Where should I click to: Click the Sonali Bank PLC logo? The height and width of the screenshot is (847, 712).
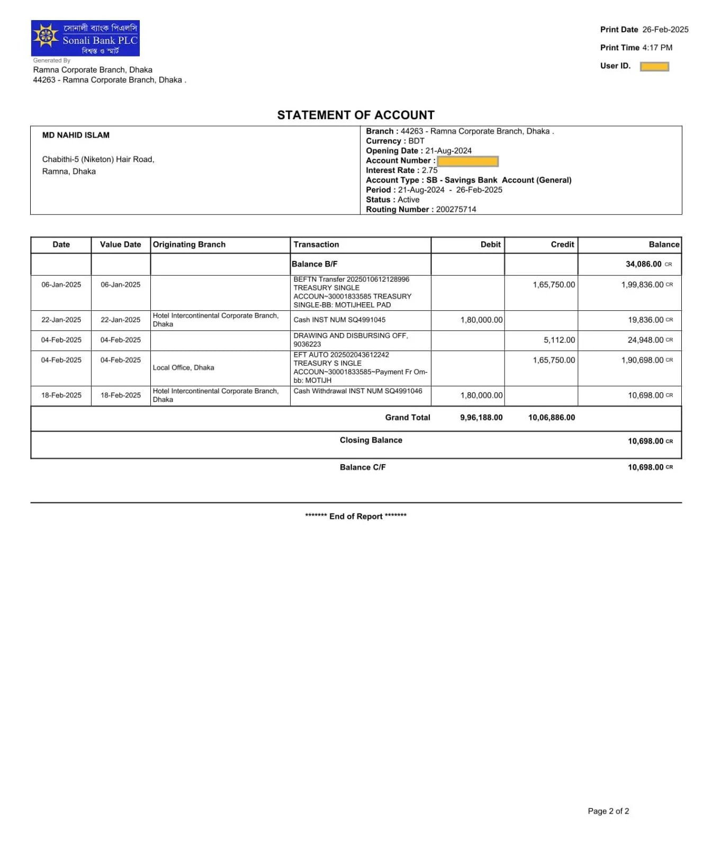(85, 38)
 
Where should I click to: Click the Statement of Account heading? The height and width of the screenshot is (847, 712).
(356, 115)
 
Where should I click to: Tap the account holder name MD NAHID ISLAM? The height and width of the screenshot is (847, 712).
(76, 135)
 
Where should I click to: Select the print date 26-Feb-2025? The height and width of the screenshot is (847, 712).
(665, 30)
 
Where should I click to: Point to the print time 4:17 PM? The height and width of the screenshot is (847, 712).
(657, 48)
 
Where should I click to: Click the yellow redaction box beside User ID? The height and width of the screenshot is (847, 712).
(654, 66)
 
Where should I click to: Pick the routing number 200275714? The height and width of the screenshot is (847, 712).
(456, 209)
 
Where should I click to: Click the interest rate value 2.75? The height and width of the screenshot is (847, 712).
(429, 170)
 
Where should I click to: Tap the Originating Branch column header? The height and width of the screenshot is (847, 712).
(189, 245)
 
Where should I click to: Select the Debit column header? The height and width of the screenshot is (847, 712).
(490, 245)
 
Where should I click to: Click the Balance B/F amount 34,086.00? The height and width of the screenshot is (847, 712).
(643, 264)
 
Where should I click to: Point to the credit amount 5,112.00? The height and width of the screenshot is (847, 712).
(559, 340)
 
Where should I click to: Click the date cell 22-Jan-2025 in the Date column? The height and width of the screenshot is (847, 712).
(61, 320)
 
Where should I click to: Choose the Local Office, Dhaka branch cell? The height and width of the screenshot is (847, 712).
(183, 367)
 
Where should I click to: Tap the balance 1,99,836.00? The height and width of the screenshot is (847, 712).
(642, 285)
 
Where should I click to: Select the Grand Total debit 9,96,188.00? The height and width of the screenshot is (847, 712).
(481, 418)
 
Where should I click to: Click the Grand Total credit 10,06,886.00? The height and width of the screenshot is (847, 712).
(551, 418)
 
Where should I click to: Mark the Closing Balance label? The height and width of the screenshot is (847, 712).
(371, 440)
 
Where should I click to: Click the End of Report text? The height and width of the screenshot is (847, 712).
(356, 516)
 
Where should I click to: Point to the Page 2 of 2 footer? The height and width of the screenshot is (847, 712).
(608, 811)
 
